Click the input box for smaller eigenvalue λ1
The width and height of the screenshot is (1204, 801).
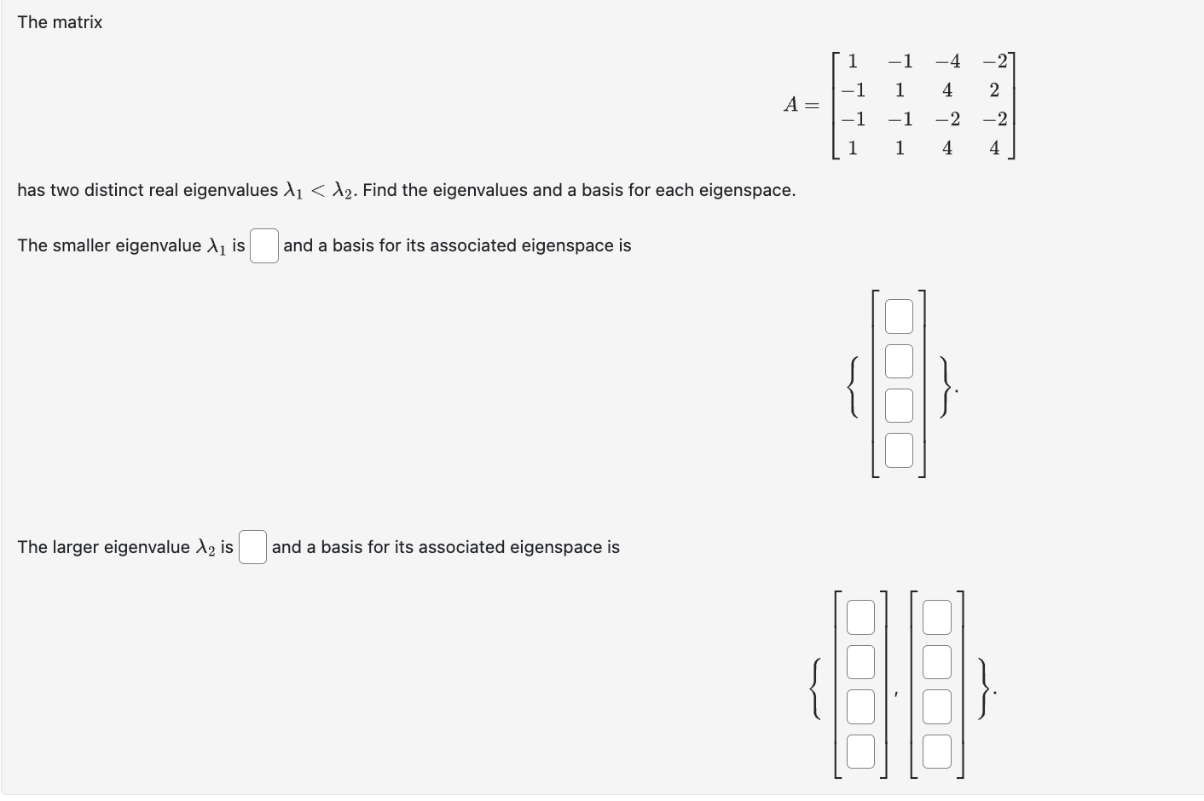(264, 246)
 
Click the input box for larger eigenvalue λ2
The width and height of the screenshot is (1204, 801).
(252, 547)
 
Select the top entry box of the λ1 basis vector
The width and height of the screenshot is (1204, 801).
(899, 316)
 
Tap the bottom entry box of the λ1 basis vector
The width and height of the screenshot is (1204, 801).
(899, 451)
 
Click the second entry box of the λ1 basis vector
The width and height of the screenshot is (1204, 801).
(899, 360)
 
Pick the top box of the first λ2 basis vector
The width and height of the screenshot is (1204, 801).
(860, 618)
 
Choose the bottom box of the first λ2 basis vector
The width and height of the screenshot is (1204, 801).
(860, 752)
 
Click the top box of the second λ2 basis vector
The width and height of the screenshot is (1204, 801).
(936, 618)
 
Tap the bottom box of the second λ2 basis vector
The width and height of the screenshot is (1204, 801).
(936, 752)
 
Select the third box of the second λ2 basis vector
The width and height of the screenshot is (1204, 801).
(936, 706)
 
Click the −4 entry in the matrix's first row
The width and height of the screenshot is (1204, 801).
(946, 61)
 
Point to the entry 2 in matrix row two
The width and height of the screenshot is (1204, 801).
(994, 90)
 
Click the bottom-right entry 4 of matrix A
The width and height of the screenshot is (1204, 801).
(994, 148)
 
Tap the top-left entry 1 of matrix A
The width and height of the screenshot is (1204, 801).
(852, 61)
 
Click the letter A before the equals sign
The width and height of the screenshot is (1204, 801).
(791, 105)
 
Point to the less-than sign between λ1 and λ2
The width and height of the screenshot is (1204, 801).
(318, 190)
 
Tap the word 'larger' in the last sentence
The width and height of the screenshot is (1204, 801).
(75, 547)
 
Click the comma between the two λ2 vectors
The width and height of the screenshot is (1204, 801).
(896, 695)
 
